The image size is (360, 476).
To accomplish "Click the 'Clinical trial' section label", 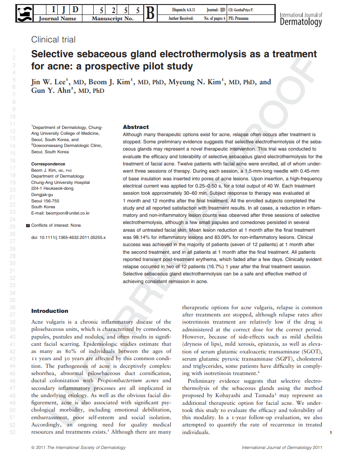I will [53, 40].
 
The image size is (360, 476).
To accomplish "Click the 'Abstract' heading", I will [136, 127].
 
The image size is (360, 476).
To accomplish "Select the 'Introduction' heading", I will [50, 311].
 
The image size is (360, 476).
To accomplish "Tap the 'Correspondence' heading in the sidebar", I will [48, 164].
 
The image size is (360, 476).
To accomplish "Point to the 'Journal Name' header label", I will [57, 19].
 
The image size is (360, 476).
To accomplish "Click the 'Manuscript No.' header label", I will [112, 19].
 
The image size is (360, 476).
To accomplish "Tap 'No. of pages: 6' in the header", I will [215, 18].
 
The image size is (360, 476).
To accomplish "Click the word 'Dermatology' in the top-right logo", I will [301, 22].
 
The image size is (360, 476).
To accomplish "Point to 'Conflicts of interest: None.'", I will [57, 225].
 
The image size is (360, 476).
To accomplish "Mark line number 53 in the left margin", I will [12, 432].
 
